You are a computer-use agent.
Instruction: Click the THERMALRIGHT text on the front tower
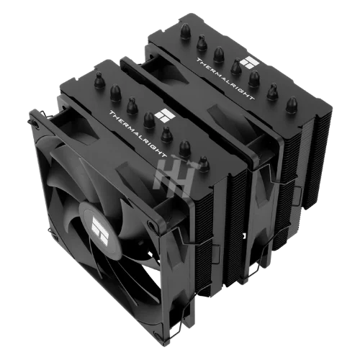pyautogui.click(x=138, y=134)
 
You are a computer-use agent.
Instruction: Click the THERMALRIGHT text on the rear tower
pyautogui.click(x=225, y=78)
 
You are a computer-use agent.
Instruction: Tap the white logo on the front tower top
pyautogui.click(x=165, y=115)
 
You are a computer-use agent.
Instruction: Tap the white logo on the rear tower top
pyautogui.click(x=250, y=63)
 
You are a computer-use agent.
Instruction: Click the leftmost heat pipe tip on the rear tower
pyautogui.click(x=185, y=31)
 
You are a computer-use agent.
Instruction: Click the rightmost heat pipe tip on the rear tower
pyautogui.click(x=292, y=104)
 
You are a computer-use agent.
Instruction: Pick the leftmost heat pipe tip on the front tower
pyautogui.click(x=100, y=81)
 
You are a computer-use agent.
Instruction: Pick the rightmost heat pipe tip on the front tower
pyautogui.click(x=204, y=164)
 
